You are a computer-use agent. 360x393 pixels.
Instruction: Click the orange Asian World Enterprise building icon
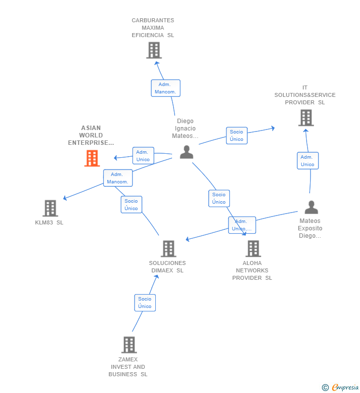[x=92, y=158]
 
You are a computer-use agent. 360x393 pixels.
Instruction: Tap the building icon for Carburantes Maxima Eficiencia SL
[x=154, y=50]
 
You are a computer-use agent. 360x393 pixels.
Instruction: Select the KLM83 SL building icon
[x=50, y=208]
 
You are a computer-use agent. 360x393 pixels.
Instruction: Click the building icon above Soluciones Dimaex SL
[x=168, y=249]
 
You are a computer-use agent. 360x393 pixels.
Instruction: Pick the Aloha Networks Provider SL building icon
[x=253, y=249]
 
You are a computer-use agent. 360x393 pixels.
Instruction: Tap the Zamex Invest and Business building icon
[x=129, y=345]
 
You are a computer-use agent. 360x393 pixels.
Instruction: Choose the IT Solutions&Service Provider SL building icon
[x=306, y=118]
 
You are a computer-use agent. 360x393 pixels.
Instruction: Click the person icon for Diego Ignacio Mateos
[x=186, y=152]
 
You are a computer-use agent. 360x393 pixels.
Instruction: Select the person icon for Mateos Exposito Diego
[x=311, y=207]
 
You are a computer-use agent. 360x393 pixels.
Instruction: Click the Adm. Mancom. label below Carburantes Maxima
[x=165, y=88]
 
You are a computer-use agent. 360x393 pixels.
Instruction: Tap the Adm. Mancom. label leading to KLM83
[x=118, y=178]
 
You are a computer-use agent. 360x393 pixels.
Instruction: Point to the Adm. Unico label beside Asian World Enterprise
[x=143, y=156]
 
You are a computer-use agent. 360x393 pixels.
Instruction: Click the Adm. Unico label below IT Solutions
[x=307, y=161]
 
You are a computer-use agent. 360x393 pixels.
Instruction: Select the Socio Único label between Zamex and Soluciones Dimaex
[x=145, y=303]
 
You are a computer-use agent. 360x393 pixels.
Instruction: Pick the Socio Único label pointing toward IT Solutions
[x=236, y=135]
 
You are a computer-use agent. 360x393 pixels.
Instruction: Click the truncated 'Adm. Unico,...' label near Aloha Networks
[x=242, y=225]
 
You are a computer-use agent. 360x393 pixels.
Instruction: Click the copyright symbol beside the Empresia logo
[x=325, y=388]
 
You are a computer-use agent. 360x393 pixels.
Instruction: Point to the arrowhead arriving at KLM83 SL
[x=65, y=199]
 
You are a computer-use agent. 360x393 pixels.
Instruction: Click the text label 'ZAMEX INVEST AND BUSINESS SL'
[x=128, y=367]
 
